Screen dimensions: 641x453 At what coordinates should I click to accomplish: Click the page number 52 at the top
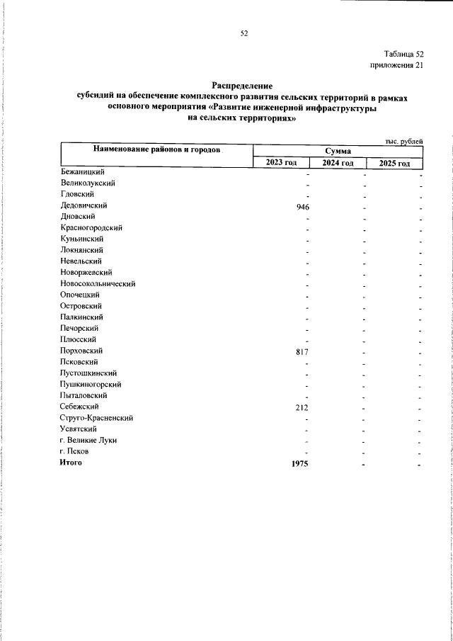tap(244, 33)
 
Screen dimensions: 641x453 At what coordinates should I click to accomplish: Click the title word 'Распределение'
tap(243, 85)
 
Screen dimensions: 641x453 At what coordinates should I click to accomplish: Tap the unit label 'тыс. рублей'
tap(404, 142)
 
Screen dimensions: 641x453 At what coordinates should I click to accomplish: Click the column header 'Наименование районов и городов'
tap(156, 150)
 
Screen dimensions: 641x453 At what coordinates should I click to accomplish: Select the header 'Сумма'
tap(338, 151)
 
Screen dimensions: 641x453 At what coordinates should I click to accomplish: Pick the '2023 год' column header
tap(281, 163)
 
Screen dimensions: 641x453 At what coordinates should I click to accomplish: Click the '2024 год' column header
tap(338, 163)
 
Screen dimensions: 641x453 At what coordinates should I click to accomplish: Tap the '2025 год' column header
tap(394, 163)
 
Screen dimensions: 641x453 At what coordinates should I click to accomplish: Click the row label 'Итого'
tap(71, 463)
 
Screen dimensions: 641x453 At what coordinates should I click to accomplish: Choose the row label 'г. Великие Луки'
tap(89, 440)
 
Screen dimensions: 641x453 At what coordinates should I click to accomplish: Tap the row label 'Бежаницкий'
tap(83, 171)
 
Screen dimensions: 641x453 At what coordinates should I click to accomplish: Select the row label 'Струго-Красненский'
tap(97, 418)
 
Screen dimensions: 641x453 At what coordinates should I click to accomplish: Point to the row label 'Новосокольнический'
tap(98, 283)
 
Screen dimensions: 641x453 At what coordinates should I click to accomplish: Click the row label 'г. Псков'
tap(75, 451)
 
